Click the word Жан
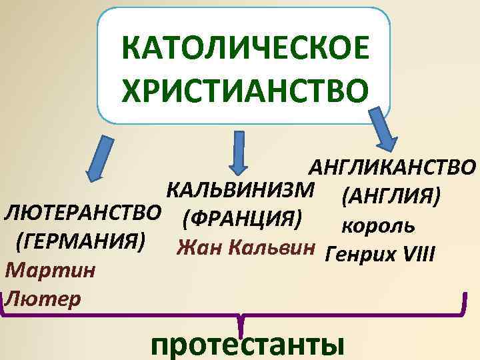198,249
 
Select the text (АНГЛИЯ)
391,197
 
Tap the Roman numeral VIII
419,253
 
